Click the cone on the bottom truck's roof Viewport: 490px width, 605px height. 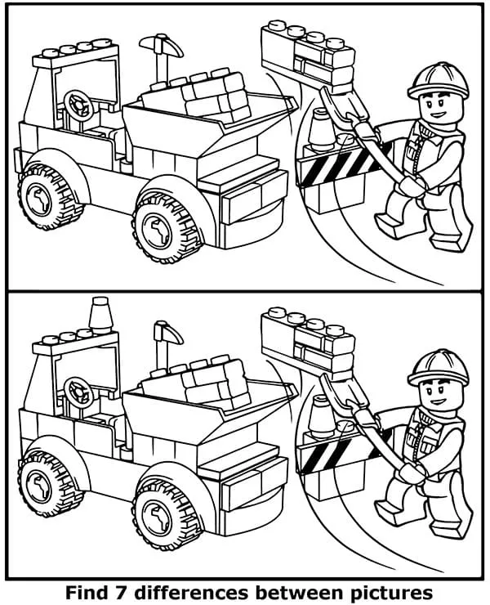(100, 315)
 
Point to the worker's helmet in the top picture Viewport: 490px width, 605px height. (439, 80)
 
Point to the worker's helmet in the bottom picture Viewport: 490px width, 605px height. (439, 367)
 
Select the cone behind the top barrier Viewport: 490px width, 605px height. (321, 129)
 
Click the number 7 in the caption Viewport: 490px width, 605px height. (122, 592)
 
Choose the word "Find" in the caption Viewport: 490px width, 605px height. (88, 592)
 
